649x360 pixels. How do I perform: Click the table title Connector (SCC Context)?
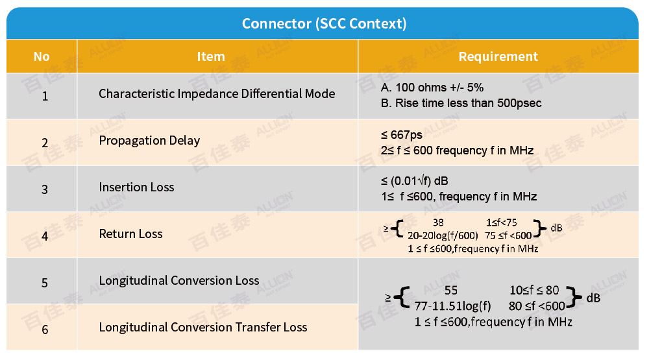point(324,23)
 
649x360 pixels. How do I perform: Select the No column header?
point(42,56)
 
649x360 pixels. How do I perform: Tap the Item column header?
point(211,56)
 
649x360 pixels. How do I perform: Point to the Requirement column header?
point(498,56)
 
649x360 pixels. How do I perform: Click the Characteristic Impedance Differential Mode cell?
point(217,94)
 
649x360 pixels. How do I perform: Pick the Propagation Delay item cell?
point(149,141)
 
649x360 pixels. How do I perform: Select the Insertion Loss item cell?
point(136,187)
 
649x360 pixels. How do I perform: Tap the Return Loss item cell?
point(131,234)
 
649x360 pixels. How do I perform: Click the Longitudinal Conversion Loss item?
point(179,281)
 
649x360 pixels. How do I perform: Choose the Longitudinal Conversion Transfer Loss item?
point(203,328)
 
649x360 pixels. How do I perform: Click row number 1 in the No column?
point(45,97)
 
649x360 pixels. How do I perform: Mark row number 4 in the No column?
point(45,236)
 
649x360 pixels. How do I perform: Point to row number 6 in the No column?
point(45,330)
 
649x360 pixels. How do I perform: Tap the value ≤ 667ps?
point(402,135)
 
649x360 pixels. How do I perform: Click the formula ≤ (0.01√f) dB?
point(414,181)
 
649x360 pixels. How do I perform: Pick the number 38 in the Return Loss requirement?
point(438,222)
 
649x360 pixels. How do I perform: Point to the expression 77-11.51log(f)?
point(453,306)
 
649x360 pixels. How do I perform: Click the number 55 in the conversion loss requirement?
point(451,291)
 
